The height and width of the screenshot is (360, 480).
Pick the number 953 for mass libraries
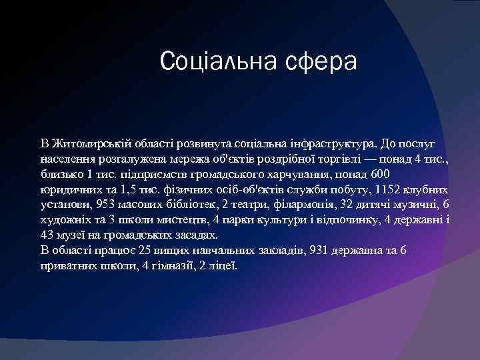tap(106, 204)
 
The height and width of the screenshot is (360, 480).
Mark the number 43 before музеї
tap(47, 235)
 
